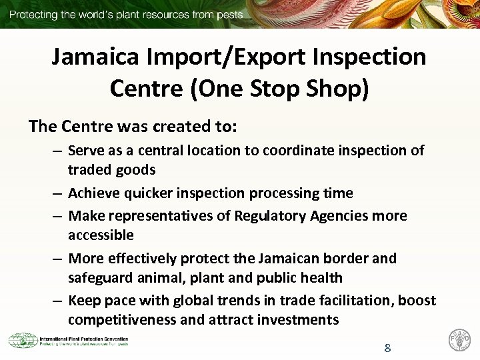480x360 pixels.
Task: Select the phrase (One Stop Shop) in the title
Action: pyautogui.click(x=279, y=88)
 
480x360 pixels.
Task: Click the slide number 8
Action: pyautogui.click(x=387, y=347)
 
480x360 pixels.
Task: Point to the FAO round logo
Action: pyautogui.click(x=460, y=341)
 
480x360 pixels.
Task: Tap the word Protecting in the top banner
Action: pyautogui.click(x=33, y=14)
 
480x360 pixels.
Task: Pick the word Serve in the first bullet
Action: pyautogui.click(x=85, y=151)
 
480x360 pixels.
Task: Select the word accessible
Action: pyautogui.click(x=101, y=235)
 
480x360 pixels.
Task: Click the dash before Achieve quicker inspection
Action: pyautogui.click(x=57, y=193)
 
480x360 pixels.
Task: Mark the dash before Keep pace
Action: pyautogui.click(x=57, y=300)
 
